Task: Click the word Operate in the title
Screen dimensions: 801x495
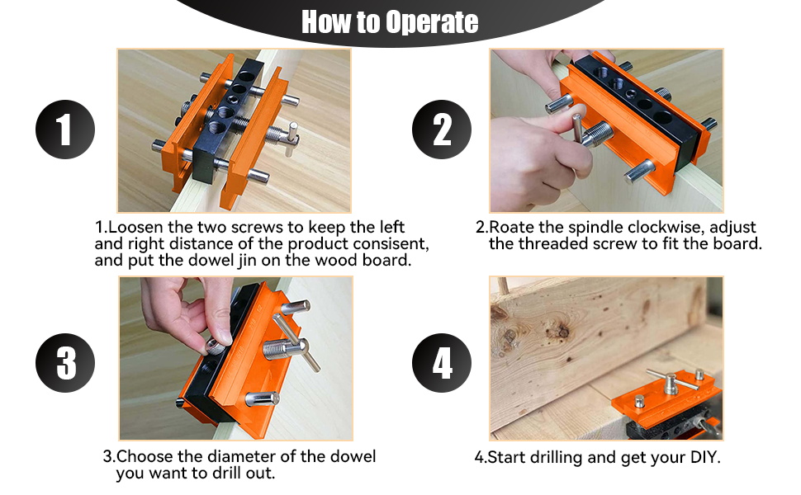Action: click(432, 22)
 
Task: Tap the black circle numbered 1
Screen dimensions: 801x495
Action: click(65, 130)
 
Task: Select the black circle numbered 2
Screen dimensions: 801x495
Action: click(442, 130)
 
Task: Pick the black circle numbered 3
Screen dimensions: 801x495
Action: click(65, 363)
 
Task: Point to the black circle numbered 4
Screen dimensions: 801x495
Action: click(442, 363)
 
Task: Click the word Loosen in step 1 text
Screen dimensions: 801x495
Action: click(136, 227)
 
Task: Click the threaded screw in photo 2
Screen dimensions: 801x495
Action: click(597, 134)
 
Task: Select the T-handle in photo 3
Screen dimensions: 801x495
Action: click(296, 342)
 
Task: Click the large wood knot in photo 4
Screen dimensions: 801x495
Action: click(558, 331)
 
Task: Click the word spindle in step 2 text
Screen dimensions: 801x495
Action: click(595, 228)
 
